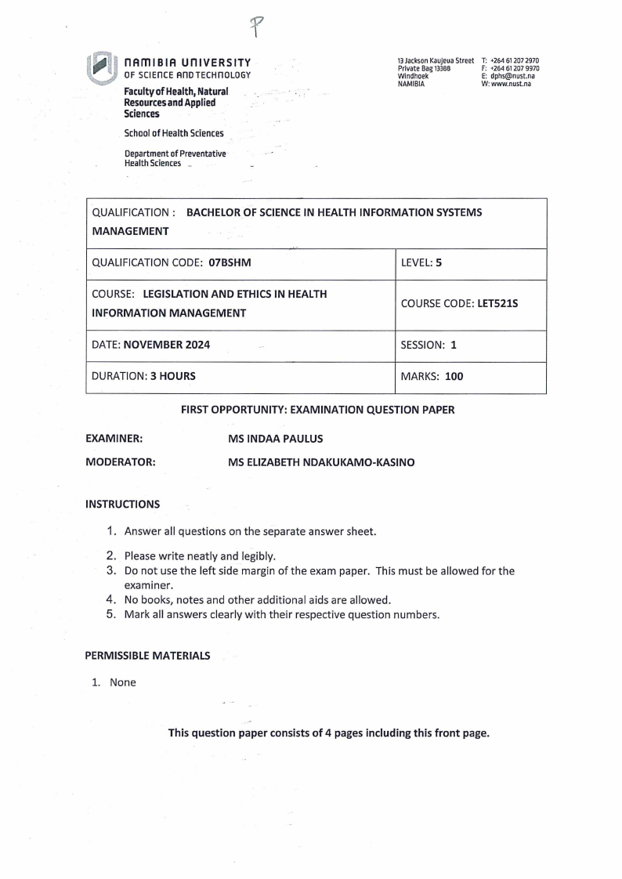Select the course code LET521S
click(x=497, y=303)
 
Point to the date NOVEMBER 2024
click(x=165, y=345)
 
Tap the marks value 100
click(x=454, y=376)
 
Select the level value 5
click(x=439, y=263)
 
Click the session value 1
click(x=454, y=345)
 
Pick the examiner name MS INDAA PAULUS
click(x=275, y=439)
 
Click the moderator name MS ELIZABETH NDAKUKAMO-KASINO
click(x=321, y=462)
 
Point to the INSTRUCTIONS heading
click(x=122, y=505)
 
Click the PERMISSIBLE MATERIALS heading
click(x=147, y=656)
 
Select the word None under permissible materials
click(x=123, y=682)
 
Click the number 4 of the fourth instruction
click(x=111, y=600)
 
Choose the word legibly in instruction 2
click(x=252, y=556)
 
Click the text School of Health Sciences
click(x=174, y=133)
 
